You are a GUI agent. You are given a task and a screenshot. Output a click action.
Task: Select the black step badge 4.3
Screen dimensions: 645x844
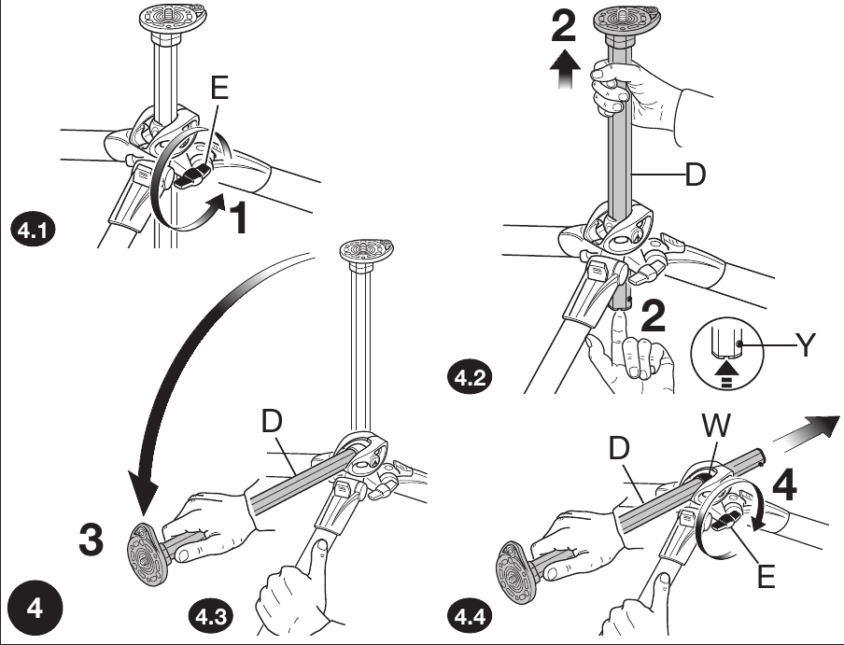210,617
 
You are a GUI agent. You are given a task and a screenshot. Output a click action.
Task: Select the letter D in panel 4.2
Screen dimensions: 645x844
696,175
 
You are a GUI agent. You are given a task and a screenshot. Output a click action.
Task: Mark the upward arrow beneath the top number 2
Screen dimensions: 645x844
563,72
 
